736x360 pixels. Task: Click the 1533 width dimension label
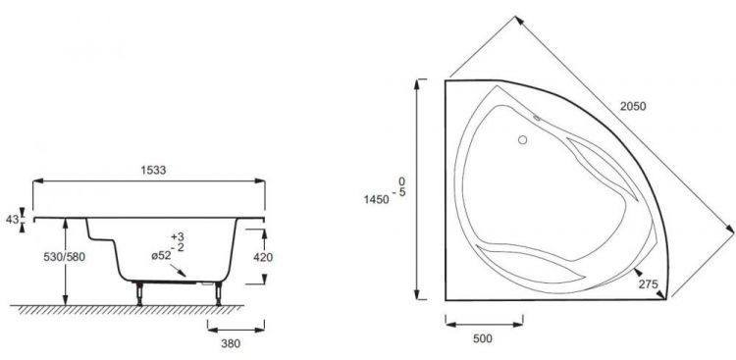click(x=153, y=171)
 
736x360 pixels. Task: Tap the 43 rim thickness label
click(x=12, y=219)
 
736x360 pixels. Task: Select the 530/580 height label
click(x=65, y=257)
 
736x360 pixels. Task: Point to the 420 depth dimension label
click(x=263, y=257)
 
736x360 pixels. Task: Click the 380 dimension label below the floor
click(x=231, y=343)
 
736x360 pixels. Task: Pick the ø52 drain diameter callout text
click(x=161, y=256)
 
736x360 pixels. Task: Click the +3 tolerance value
click(x=178, y=237)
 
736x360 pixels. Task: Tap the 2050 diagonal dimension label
click(x=633, y=107)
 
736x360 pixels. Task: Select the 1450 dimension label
click(x=377, y=200)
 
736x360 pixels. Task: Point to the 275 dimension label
click(x=649, y=283)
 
